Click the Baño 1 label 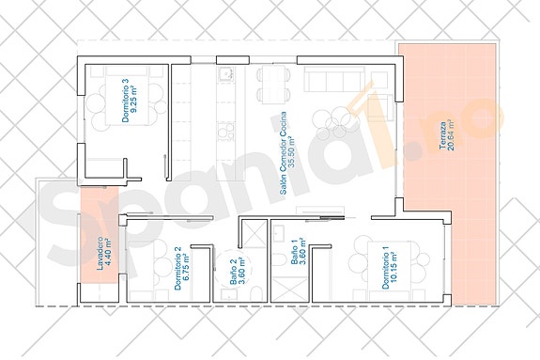tap(293, 254)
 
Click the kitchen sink tap(225, 74)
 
